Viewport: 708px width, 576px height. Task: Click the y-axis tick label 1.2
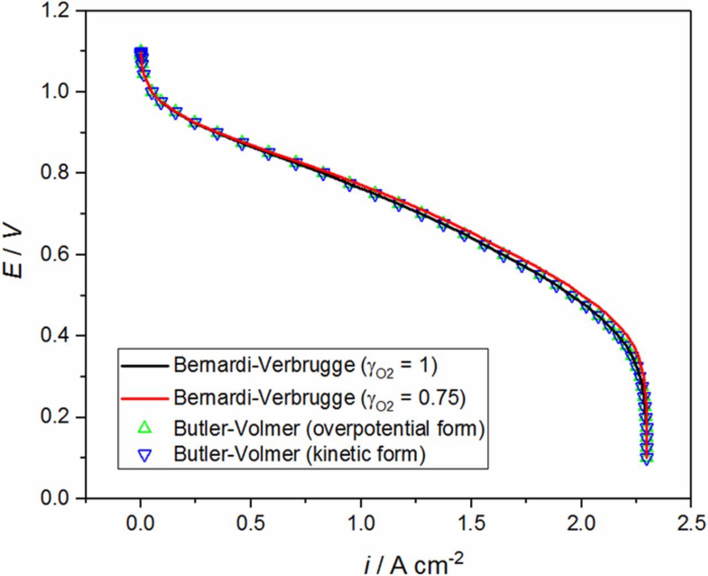point(58,11)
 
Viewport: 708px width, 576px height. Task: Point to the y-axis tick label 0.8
point(58,173)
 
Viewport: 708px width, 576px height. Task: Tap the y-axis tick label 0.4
point(58,336)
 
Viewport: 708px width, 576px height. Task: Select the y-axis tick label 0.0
point(58,498)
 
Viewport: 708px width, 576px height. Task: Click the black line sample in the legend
point(144,366)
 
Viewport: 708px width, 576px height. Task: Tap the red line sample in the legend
point(144,397)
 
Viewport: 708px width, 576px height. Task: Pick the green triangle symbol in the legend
point(144,428)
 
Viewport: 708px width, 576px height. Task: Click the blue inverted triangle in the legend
point(144,455)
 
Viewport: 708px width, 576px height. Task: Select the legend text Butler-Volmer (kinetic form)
point(299,454)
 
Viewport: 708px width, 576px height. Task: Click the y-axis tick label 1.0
point(58,92)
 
